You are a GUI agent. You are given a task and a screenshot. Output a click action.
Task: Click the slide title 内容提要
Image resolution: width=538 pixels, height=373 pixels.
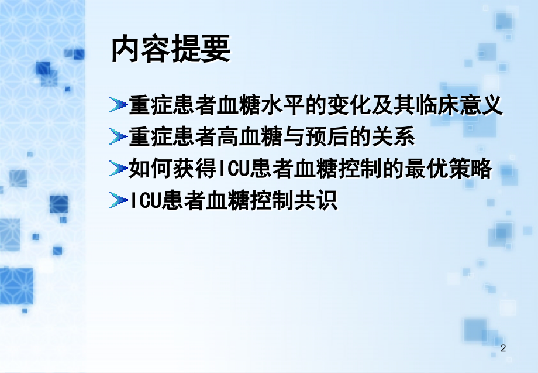[171, 50]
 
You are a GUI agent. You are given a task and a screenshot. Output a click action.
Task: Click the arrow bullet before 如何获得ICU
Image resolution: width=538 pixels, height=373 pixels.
[118, 170]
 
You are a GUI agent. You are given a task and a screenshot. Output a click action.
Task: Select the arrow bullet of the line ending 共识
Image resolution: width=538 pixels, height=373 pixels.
[118, 201]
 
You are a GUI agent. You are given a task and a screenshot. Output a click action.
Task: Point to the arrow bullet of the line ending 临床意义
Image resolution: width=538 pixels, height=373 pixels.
[118, 107]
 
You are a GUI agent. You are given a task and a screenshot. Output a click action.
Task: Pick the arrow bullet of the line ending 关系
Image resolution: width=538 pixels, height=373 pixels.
[118, 138]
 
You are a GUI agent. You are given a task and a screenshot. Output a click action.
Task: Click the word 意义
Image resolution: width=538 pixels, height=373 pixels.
[481, 107]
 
